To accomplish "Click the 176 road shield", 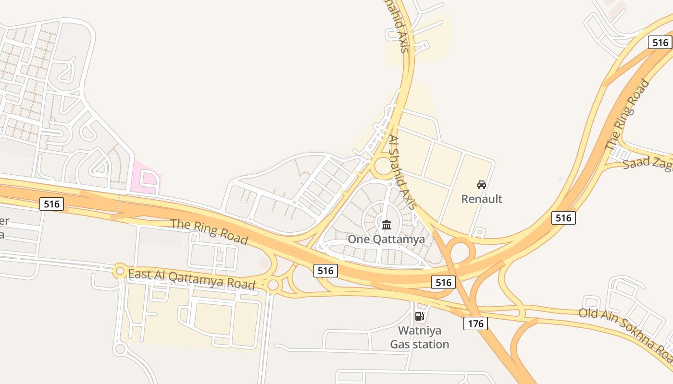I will [475, 323].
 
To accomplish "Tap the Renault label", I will [482, 199].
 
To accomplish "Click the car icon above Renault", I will [482, 185].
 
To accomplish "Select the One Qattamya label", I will [386, 239].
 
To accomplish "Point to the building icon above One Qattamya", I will [386, 225].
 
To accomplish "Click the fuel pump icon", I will [419, 316].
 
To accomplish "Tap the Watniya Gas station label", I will [419, 337].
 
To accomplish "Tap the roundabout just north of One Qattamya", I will [384, 167].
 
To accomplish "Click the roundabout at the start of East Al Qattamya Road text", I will [120, 271].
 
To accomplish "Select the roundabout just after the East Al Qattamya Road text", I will [273, 285].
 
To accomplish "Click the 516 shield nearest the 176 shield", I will [443, 282].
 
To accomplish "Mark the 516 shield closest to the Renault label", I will [563, 218].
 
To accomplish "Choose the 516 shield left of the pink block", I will [51, 204].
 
